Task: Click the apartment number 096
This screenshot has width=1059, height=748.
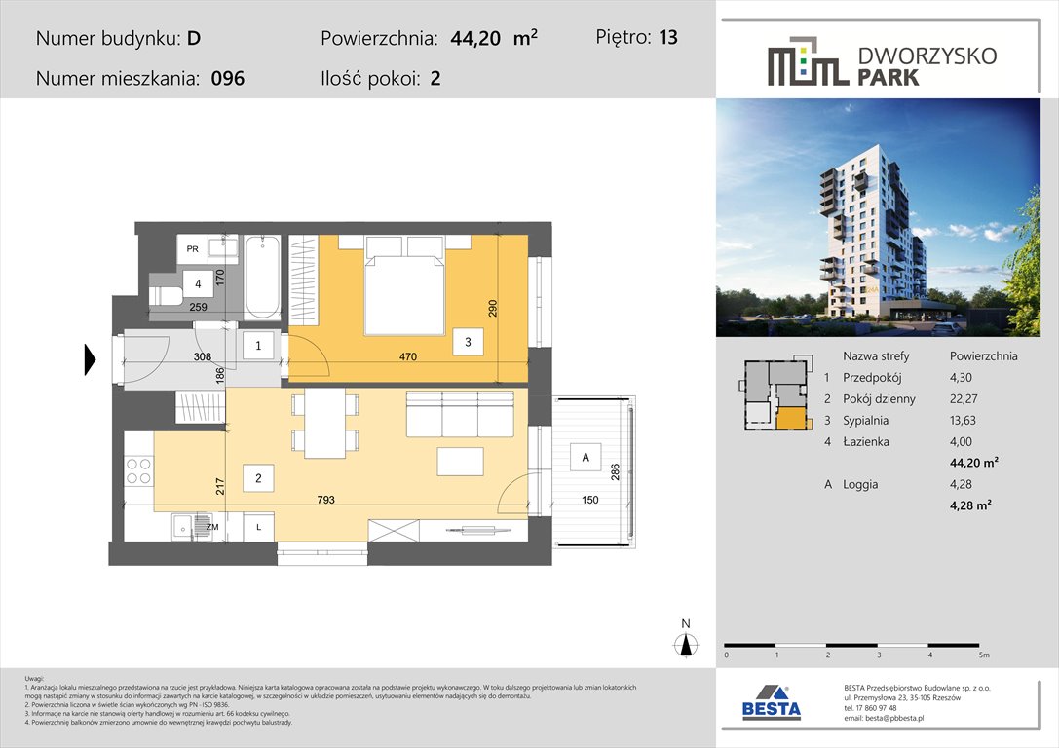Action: coord(227,79)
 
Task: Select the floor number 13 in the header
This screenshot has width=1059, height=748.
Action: coord(667,38)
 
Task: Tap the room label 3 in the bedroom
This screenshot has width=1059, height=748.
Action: coord(468,342)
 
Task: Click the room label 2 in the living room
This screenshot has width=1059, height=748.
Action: coord(258,478)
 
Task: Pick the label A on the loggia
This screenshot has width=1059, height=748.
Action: coord(585,457)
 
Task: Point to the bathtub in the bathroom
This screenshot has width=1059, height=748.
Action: coord(262,277)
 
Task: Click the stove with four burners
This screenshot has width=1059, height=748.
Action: coord(138,471)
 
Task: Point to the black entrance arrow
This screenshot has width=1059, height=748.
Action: coord(90,359)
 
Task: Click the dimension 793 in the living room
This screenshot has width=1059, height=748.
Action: coord(325,501)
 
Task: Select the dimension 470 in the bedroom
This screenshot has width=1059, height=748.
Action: coord(407,357)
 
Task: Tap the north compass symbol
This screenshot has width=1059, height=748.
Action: coord(686,644)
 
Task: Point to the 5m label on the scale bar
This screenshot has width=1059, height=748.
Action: coord(984,656)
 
